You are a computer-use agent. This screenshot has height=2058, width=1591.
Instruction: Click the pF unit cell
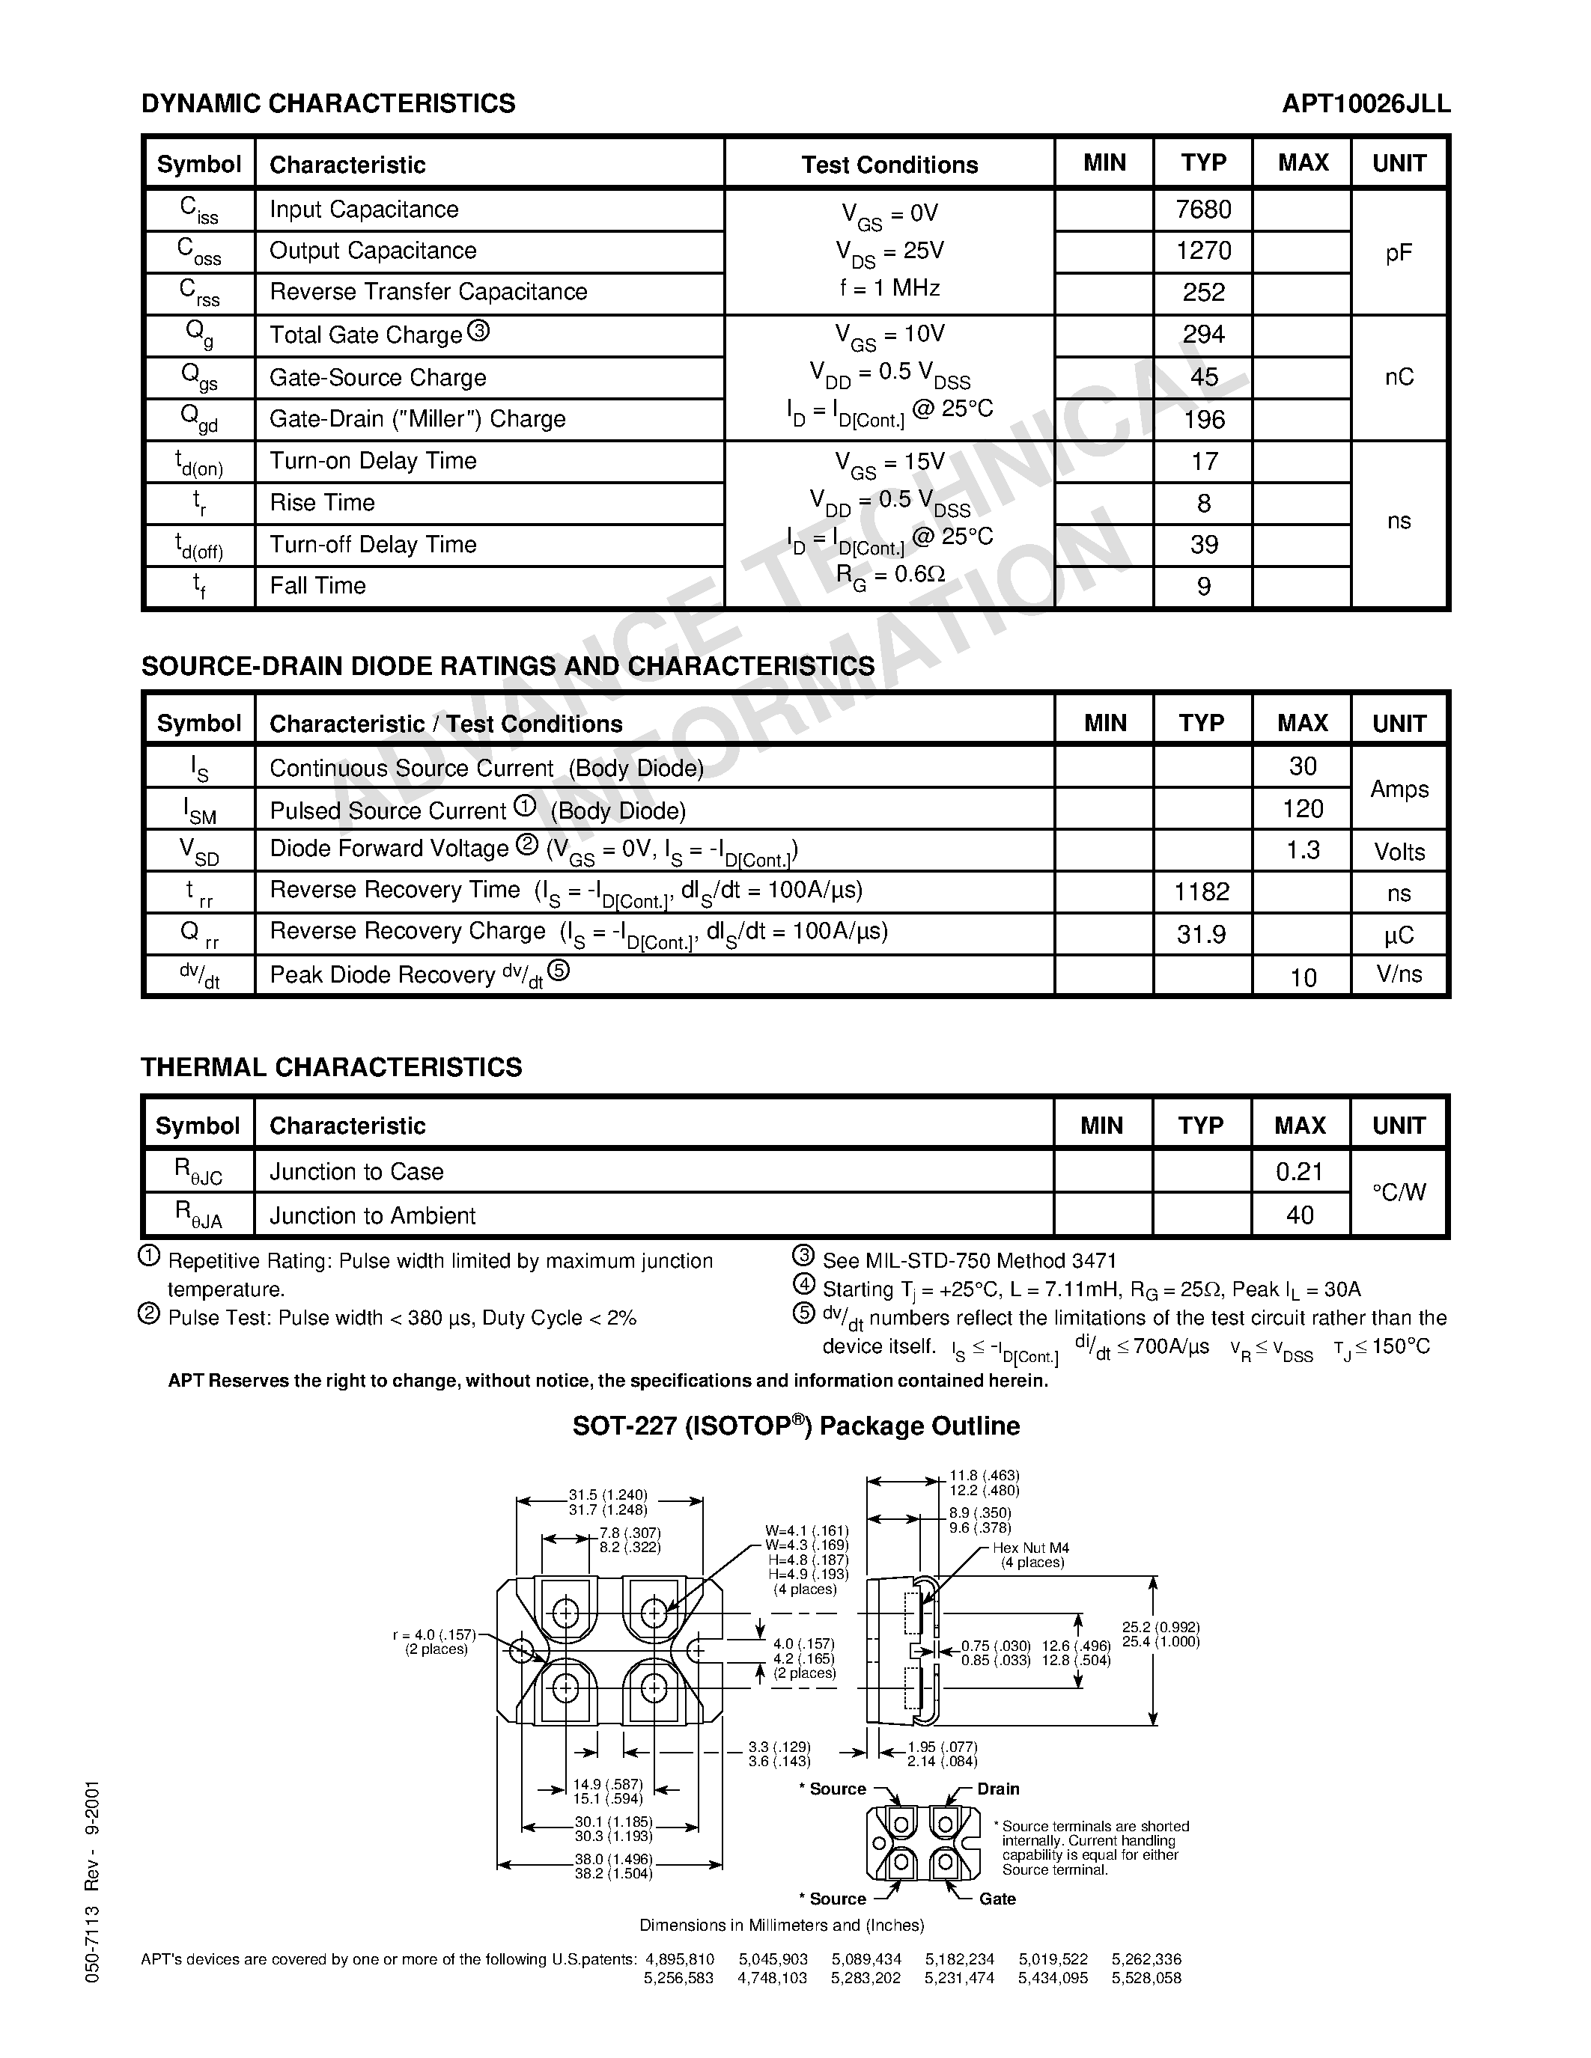[1399, 252]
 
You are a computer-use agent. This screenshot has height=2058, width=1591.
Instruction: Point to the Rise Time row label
[323, 503]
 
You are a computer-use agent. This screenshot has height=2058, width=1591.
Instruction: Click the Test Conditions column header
[889, 165]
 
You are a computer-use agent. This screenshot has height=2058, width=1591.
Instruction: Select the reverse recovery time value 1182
[1202, 891]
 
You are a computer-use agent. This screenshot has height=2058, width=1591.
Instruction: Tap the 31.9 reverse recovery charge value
[1202, 934]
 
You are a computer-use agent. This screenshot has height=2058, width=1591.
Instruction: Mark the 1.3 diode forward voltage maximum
[1303, 850]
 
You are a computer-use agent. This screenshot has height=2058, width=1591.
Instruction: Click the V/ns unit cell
[1399, 974]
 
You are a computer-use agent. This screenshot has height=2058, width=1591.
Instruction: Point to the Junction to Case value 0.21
[1300, 1171]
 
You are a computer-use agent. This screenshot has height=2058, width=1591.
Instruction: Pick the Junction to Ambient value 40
[1300, 1215]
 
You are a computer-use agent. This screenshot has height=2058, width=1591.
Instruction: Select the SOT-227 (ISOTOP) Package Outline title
[795, 1426]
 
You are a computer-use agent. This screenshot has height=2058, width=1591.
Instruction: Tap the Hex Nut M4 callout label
[1031, 1548]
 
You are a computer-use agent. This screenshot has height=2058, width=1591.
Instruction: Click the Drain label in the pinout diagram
[998, 1789]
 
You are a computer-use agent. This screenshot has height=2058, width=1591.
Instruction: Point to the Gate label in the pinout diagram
[997, 1899]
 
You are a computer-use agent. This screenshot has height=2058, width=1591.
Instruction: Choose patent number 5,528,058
[1146, 1978]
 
